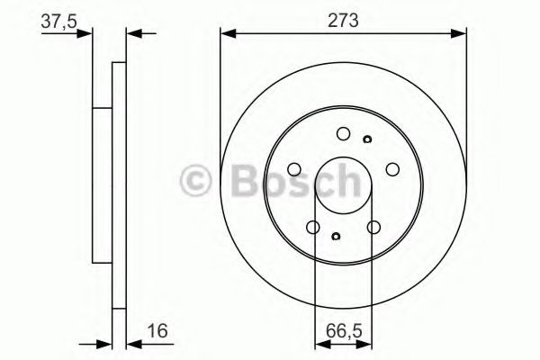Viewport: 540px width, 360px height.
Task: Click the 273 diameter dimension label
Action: pos(343,21)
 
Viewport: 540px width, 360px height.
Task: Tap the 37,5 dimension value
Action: pos(58,22)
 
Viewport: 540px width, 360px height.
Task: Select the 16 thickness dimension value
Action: pos(157,330)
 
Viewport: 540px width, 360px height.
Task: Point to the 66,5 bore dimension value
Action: pos(344,331)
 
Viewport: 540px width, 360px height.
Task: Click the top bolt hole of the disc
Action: pos(344,134)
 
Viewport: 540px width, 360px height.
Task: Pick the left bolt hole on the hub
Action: pos(294,169)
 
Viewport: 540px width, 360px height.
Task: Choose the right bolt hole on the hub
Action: pos(392,169)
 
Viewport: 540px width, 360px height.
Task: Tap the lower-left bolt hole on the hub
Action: pos(313,228)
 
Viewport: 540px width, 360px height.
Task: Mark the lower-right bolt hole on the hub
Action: pos(373,228)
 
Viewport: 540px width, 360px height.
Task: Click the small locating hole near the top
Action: pos(367,139)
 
